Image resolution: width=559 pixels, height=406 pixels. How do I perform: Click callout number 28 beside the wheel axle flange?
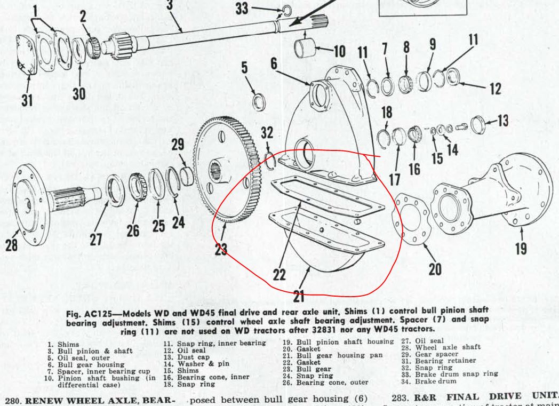11,244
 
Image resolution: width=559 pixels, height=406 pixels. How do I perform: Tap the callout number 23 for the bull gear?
220,249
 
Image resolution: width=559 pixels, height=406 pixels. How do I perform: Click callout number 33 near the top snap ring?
242,9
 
